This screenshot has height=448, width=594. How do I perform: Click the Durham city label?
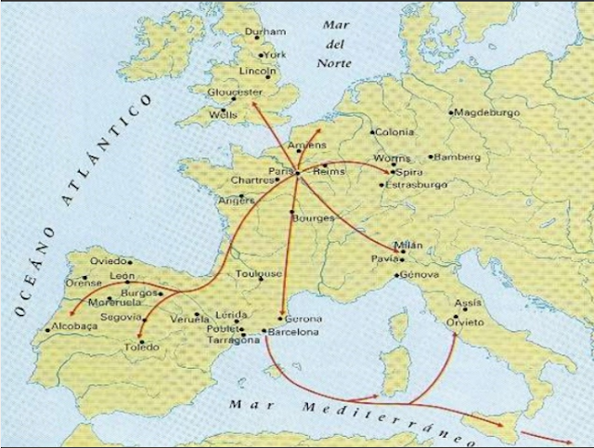(x=265, y=33)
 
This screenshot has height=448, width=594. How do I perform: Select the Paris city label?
(x=280, y=171)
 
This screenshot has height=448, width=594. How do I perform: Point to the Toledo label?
(x=142, y=348)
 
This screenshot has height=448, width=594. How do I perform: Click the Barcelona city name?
(x=294, y=332)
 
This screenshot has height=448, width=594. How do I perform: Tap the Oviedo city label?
(x=110, y=261)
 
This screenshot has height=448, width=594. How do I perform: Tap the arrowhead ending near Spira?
(x=391, y=173)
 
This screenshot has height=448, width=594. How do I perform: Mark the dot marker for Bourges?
(x=292, y=215)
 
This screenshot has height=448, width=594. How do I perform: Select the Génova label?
(x=418, y=276)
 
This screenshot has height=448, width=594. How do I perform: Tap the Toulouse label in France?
(x=258, y=274)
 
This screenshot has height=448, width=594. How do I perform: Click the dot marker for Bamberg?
(x=431, y=158)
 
